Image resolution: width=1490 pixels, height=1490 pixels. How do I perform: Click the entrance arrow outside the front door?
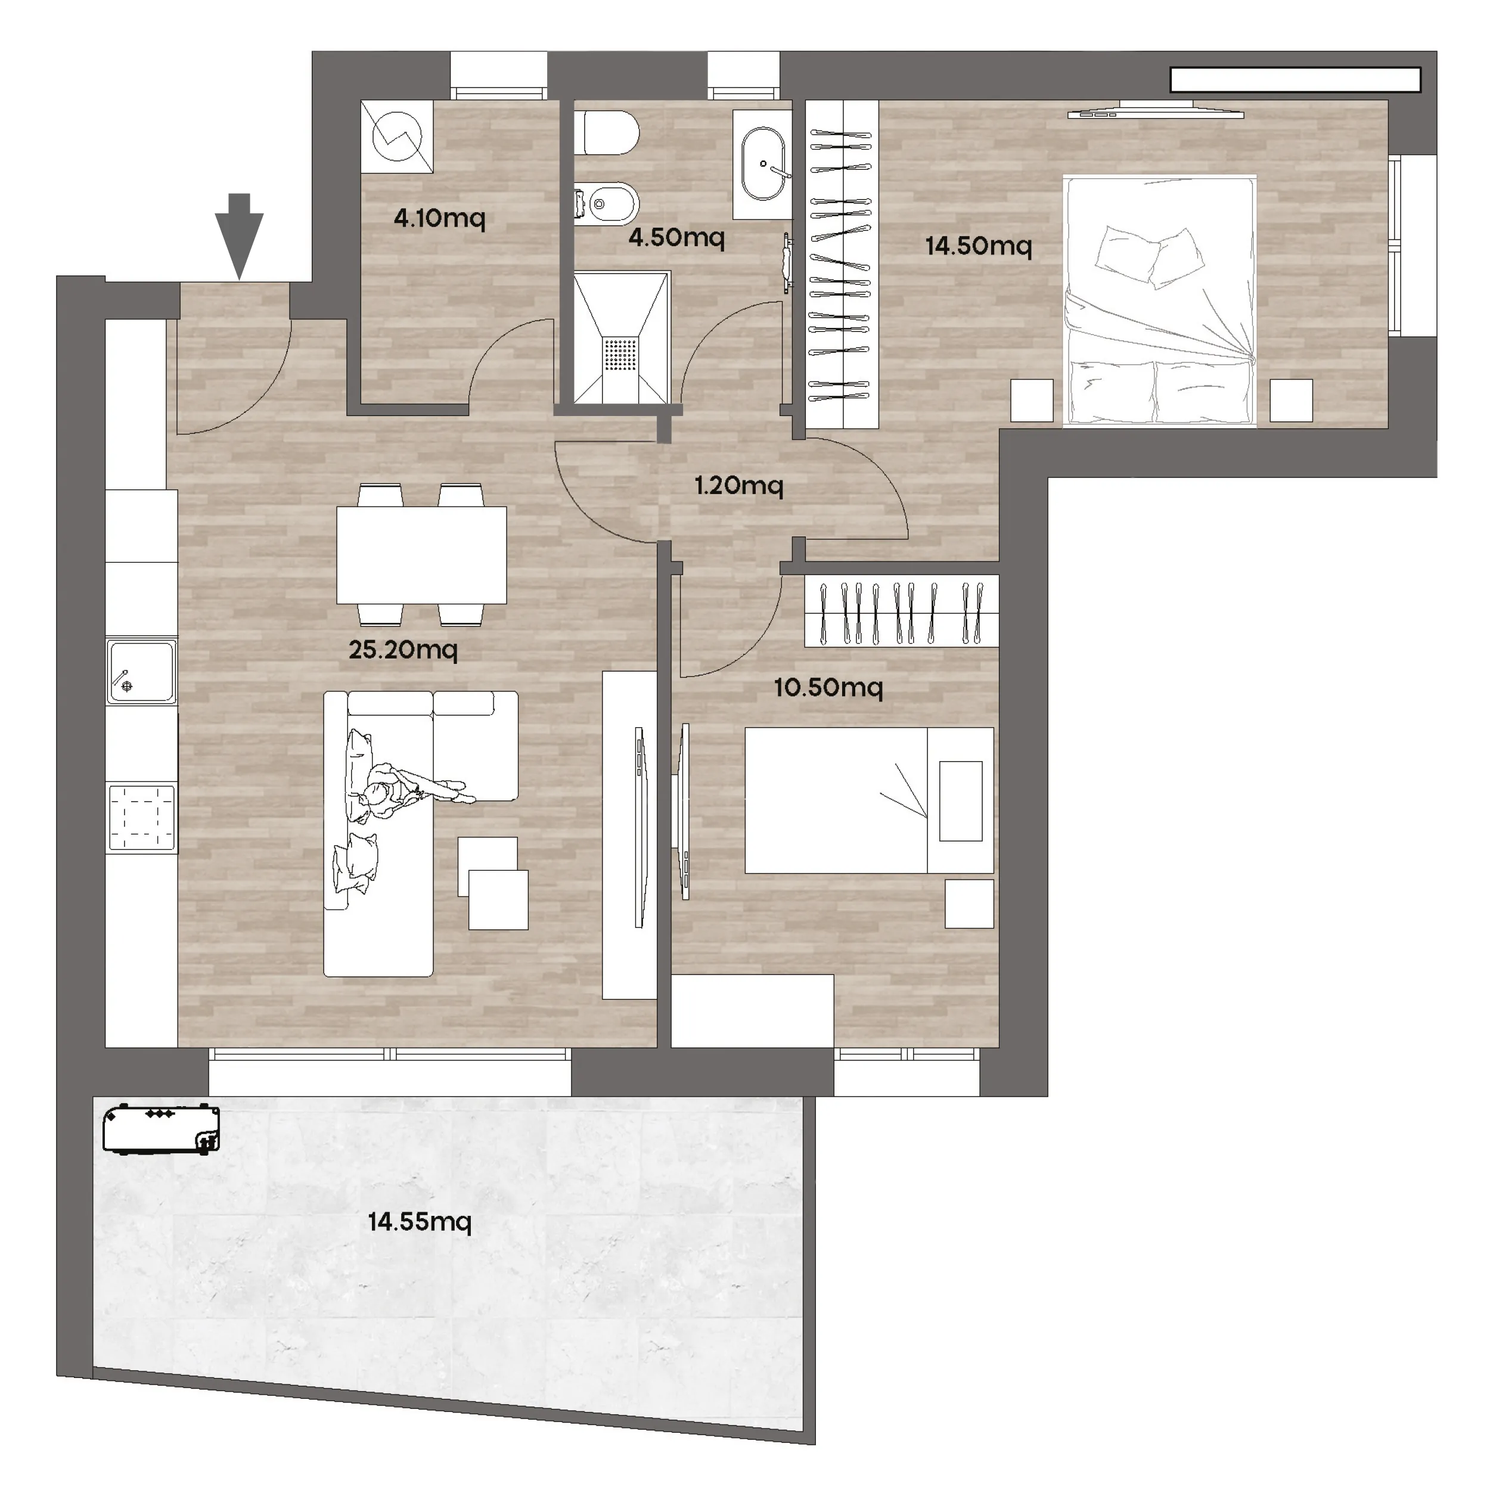(239, 236)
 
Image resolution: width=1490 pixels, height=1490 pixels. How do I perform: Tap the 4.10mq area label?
(440, 218)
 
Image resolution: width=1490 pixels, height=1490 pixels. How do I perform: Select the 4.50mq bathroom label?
(676, 237)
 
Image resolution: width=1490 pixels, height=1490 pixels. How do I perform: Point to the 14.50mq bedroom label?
(979, 246)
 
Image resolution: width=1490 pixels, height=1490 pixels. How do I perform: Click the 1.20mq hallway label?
(739, 485)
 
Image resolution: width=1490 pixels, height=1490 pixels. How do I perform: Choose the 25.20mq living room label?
(402, 650)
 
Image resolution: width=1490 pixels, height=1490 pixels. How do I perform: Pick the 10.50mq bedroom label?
(828, 687)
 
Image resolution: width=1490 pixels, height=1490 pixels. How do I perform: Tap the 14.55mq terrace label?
(420, 1222)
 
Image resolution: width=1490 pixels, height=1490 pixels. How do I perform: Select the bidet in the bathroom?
(608, 205)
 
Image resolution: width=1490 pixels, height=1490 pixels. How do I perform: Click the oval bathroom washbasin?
(763, 164)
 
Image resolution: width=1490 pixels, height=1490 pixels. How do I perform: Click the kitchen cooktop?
(142, 818)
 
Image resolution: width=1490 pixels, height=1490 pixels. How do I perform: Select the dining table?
(422, 554)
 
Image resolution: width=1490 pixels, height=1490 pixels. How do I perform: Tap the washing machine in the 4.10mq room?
(397, 136)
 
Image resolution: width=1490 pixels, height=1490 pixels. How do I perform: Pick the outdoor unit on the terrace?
(161, 1130)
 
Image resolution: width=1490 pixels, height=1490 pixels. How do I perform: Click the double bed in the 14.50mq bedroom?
(1160, 301)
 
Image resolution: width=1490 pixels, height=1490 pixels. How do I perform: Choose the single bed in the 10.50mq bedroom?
(869, 800)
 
